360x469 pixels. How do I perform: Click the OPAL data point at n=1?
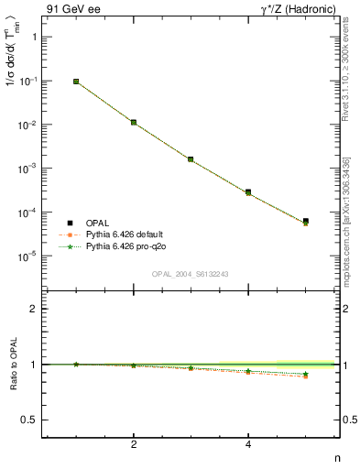coord(76,82)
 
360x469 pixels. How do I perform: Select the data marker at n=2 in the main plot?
coord(134,122)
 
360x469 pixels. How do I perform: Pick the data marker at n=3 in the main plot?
coord(191,159)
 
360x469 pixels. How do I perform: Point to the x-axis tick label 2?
coord(134,445)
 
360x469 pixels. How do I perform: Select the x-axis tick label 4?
coord(248,445)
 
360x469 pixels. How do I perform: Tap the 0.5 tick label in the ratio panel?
coord(29,420)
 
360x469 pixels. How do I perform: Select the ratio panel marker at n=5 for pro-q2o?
coord(305,374)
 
